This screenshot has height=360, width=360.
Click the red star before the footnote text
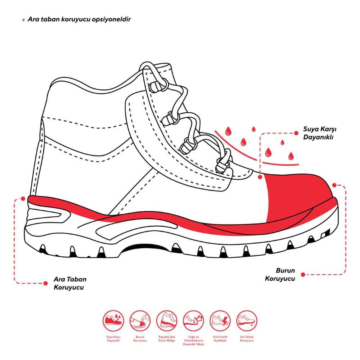tap(23, 20)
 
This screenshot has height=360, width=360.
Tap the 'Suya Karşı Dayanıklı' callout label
tap(320, 133)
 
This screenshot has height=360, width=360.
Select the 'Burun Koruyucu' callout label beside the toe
tap(280, 274)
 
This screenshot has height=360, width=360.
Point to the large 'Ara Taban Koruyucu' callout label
tap(70, 283)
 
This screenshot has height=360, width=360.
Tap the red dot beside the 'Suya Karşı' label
tap(296, 133)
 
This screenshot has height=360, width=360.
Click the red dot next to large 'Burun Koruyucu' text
tap(303, 275)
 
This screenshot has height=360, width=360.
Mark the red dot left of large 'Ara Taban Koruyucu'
tap(45, 283)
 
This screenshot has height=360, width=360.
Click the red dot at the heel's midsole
tap(23, 199)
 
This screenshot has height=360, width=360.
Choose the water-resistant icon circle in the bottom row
tap(113, 321)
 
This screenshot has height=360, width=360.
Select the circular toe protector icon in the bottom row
tap(140, 321)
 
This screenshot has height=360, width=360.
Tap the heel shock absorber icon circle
tap(167, 321)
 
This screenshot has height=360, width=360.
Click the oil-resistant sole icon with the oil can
tap(194, 321)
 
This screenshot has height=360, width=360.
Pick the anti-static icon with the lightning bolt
tap(220, 321)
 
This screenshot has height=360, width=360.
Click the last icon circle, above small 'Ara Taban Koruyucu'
tap(247, 321)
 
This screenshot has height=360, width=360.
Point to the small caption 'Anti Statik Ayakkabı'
tap(220, 339)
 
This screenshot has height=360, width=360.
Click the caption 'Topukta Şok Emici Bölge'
tap(167, 339)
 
